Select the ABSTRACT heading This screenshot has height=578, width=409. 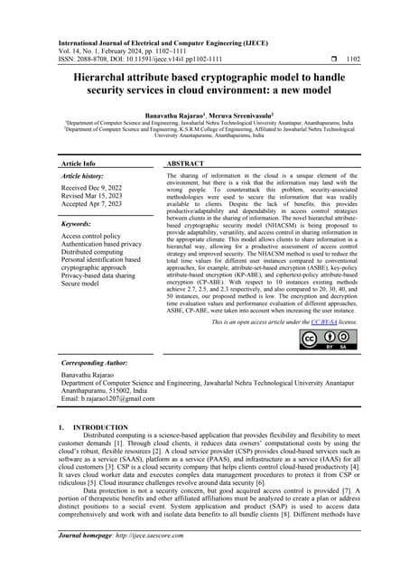pyautogui.click(x=186, y=163)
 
